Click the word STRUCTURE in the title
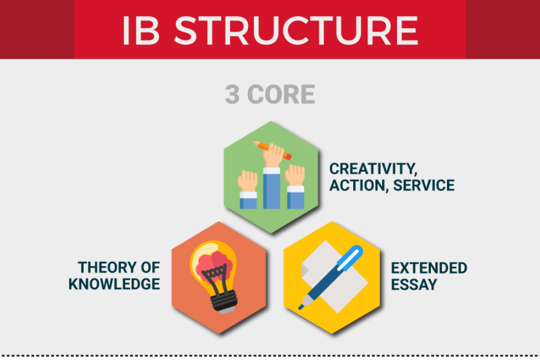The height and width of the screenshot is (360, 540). (x=296, y=30)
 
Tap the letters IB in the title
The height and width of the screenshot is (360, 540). (x=141, y=30)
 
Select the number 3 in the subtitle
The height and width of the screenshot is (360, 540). (x=232, y=94)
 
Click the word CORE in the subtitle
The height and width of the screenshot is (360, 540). (x=280, y=94)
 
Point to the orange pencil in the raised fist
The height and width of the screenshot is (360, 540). (x=272, y=150)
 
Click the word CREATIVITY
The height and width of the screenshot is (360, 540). (x=374, y=169)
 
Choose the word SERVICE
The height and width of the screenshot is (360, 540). (x=423, y=186)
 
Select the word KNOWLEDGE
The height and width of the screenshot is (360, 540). (x=114, y=284)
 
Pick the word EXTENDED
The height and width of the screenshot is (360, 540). (x=429, y=268)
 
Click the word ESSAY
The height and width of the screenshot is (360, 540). (x=414, y=285)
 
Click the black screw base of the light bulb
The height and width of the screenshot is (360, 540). (x=224, y=300)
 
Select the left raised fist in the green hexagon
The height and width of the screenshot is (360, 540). (x=247, y=180)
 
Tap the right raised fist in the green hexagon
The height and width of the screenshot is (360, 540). (x=295, y=175)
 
